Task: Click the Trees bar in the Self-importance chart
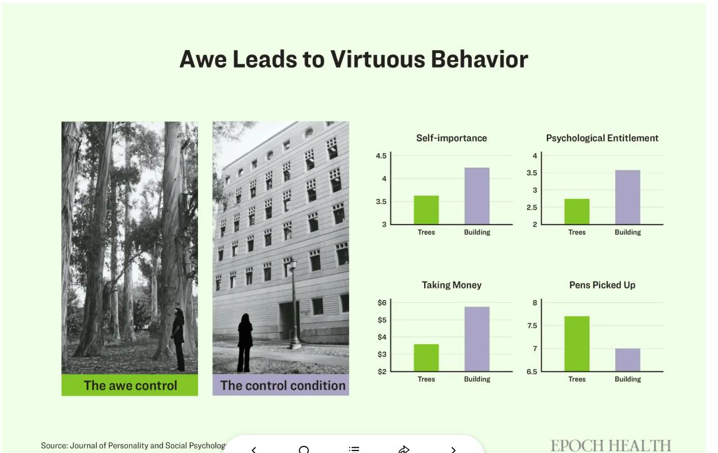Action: pyautogui.click(x=426, y=210)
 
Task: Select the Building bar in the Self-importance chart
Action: pyautogui.click(x=477, y=196)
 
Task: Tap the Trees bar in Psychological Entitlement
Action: pyautogui.click(x=576, y=211)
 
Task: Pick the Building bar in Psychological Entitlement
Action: pyautogui.click(x=627, y=197)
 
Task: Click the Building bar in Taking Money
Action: pyautogui.click(x=477, y=338)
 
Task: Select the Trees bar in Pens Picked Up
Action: pyautogui.click(x=576, y=344)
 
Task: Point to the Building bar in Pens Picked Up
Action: pyautogui.click(x=627, y=360)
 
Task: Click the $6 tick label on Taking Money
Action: pyautogui.click(x=382, y=303)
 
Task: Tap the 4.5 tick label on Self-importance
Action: pyautogui.click(x=381, y=156)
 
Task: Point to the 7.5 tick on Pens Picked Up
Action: pyautogui.click(x=532, y=325)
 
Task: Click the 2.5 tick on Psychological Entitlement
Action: pyautogui.click(x=532, y=208)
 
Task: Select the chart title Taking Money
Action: pyautogui.click(x=452, y=285)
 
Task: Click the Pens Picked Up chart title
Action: pyautogui.click(x=602, y=285)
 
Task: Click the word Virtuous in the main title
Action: pyautogui.click(x=378, y=59)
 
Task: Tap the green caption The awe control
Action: pyautogui.click(x=130, y=385)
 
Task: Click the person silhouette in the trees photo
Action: pyautogui.click(x=178, y=339)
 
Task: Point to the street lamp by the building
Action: pyautogui.click(x=294, y=303)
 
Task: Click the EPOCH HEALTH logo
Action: pyautogui.click(x=611, y=445)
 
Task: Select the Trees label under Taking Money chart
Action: pyautogui.click(x=426, y=379)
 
